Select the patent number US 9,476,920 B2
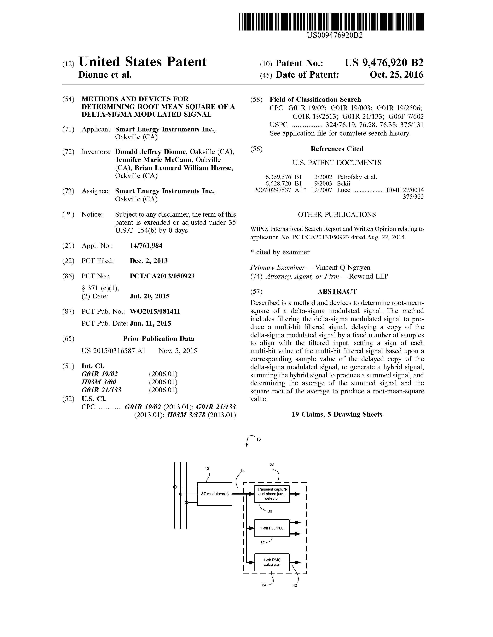click(384, 63)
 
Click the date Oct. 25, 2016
click(396, 75)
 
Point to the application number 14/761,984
click(146, 246)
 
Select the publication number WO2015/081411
click(155, 312)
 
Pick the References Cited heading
click(337, 149)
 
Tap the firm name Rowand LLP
click(368, 276)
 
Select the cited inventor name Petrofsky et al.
click(357, 177)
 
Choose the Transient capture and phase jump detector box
click(272, 494)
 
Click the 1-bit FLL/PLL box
click(272, 528)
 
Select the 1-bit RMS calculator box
click(272, 562)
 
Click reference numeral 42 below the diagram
click(294, 585)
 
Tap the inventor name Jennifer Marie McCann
click(153, 160)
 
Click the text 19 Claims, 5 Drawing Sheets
click(337, 414)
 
